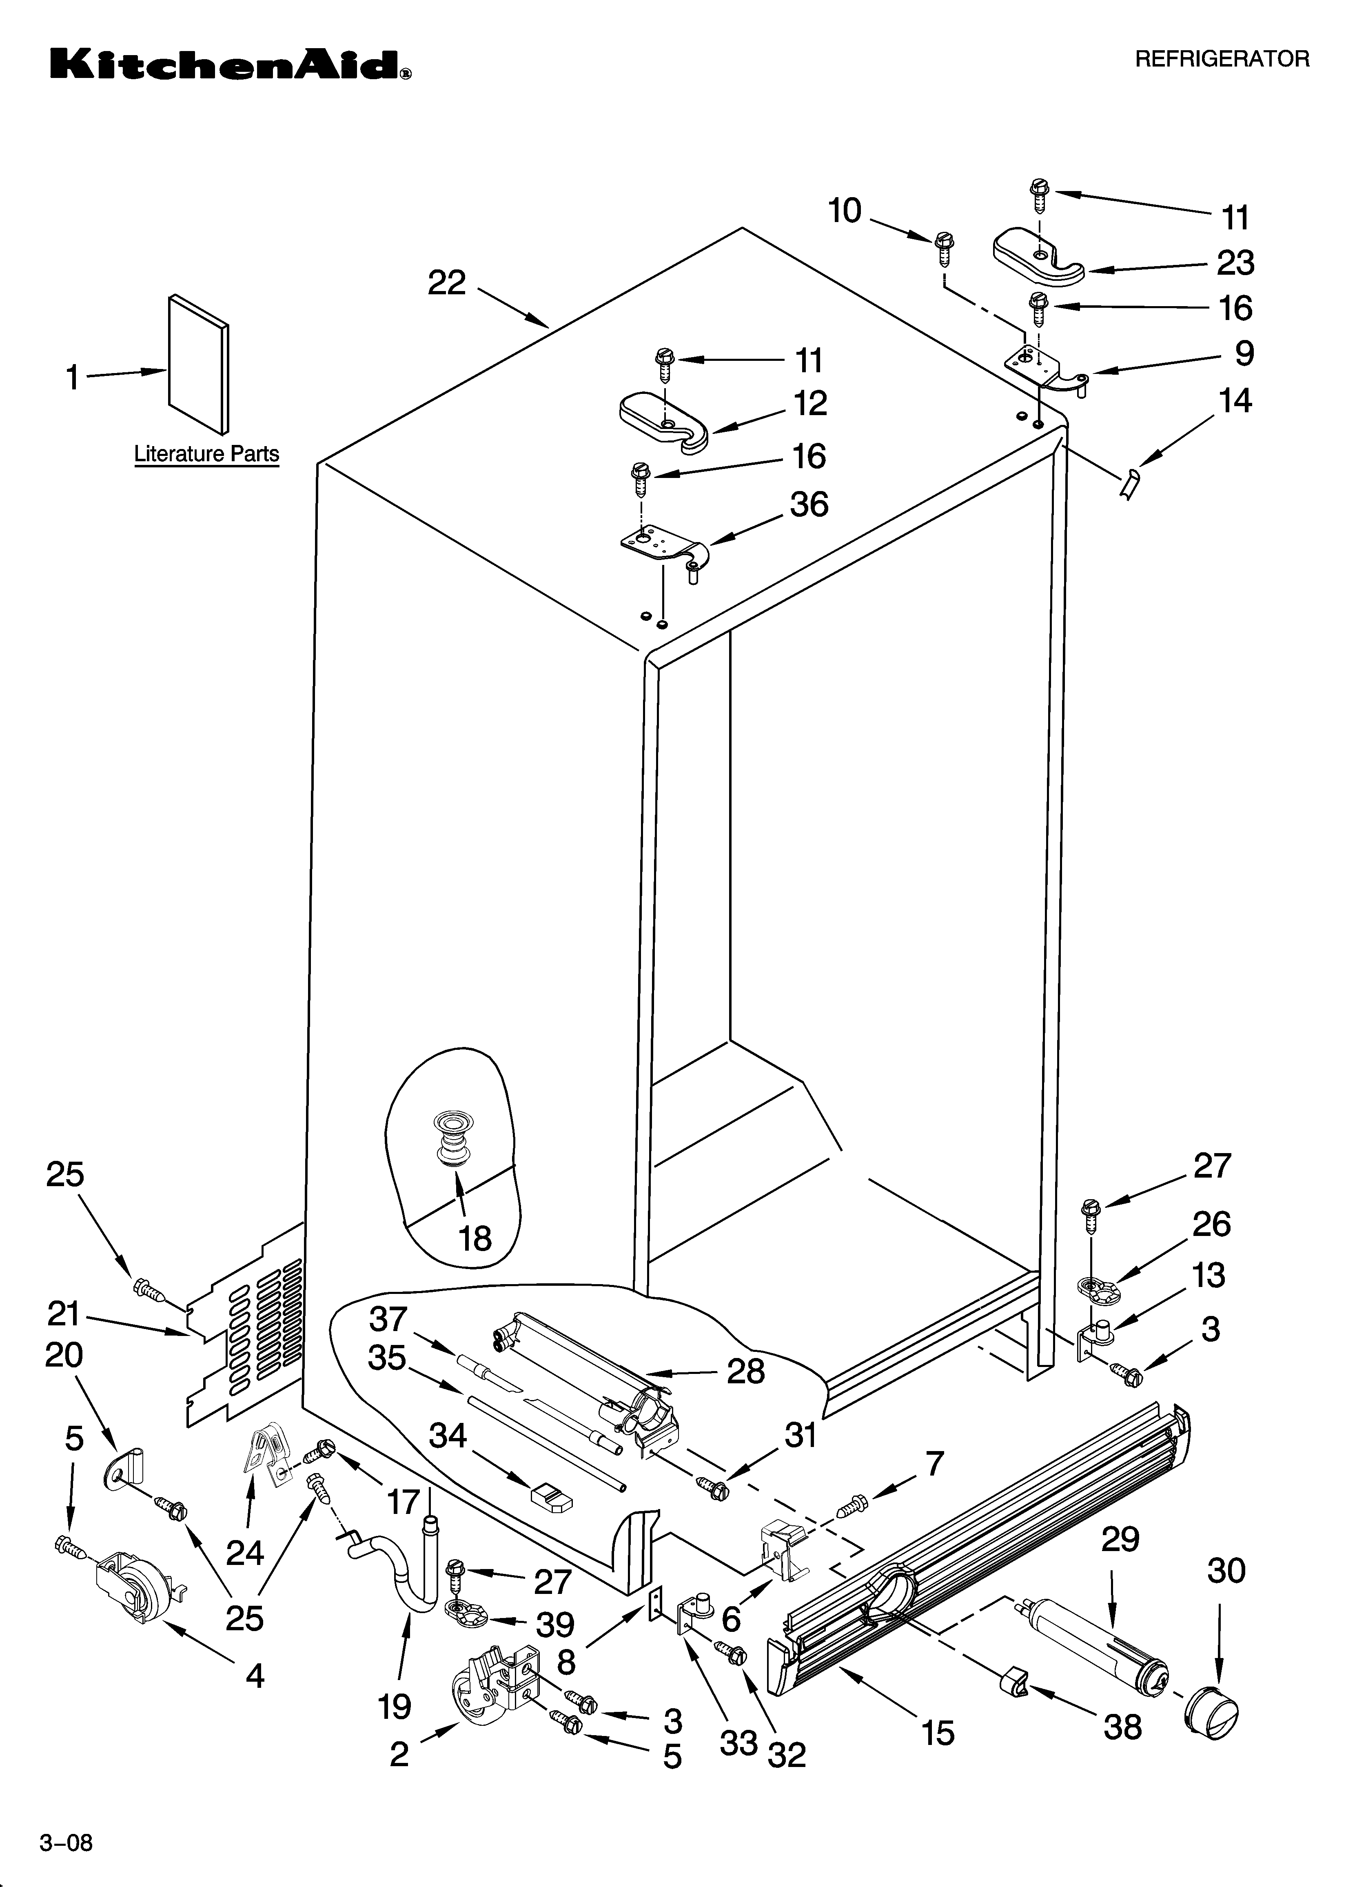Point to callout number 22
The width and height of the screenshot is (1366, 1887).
(x=447, y=284)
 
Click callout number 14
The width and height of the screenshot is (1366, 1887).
(x=1235, y=401)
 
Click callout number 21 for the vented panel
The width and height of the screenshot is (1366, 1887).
(x=63, y=1315)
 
